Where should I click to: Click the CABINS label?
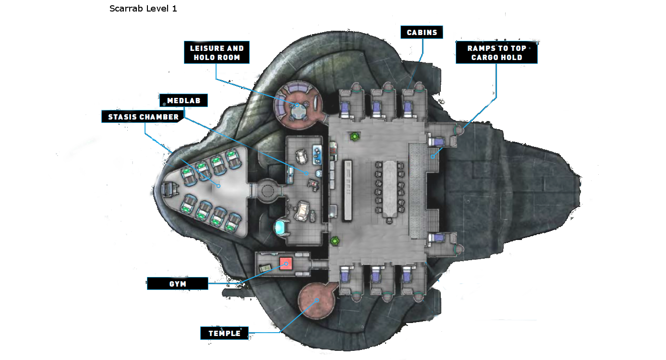click(x=422, y=33)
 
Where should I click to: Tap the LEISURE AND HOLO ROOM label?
click(x=217, y=52)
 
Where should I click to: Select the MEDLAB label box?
click(x=183, y=101)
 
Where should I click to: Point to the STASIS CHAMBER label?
click(x=143, y=117)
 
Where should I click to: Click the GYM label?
click(x=177, y=284)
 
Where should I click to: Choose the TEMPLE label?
click(x=224, y=333)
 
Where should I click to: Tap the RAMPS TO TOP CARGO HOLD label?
click(x=496, y=52)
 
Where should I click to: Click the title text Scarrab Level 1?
click(x=143, y=9)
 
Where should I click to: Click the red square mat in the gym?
click(x=286, y=264)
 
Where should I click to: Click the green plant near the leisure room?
click(x=354, y=137)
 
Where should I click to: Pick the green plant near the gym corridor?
click(x=335, y=240)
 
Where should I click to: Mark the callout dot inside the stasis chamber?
click(x=218, y=186)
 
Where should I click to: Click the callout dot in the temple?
click(x=317, y=300)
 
